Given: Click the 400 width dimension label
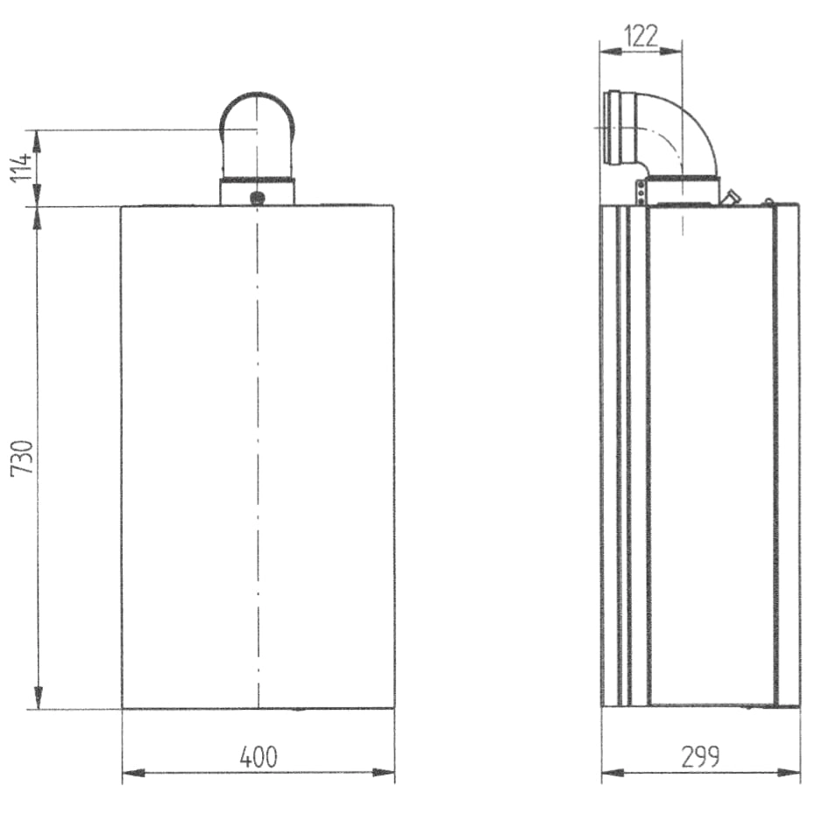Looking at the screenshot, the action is coord(259,757).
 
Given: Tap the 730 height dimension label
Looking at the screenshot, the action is coord(23,457).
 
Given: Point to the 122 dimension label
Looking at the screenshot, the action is coord(641,36).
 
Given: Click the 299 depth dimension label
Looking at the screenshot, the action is coord(701,757).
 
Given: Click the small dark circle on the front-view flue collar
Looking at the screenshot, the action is coord(258,197).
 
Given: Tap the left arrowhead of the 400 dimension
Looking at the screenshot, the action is coord(133,773).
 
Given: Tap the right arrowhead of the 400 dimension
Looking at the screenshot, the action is coord(383,773).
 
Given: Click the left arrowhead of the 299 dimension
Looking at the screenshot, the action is coord(613,773).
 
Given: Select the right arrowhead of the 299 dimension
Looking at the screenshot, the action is coord(789,773).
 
